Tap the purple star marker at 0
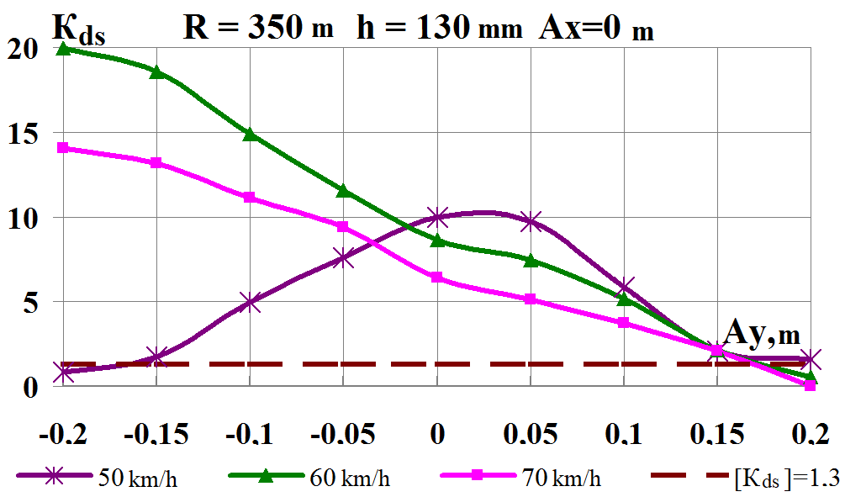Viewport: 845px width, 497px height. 437,217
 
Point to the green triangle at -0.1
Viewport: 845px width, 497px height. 250,135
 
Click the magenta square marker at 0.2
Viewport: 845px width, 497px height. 810,385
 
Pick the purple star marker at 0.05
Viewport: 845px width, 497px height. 531,222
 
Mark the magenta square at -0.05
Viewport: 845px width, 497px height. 343,226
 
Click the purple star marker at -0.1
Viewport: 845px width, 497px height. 250,303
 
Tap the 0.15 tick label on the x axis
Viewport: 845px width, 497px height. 716,436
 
